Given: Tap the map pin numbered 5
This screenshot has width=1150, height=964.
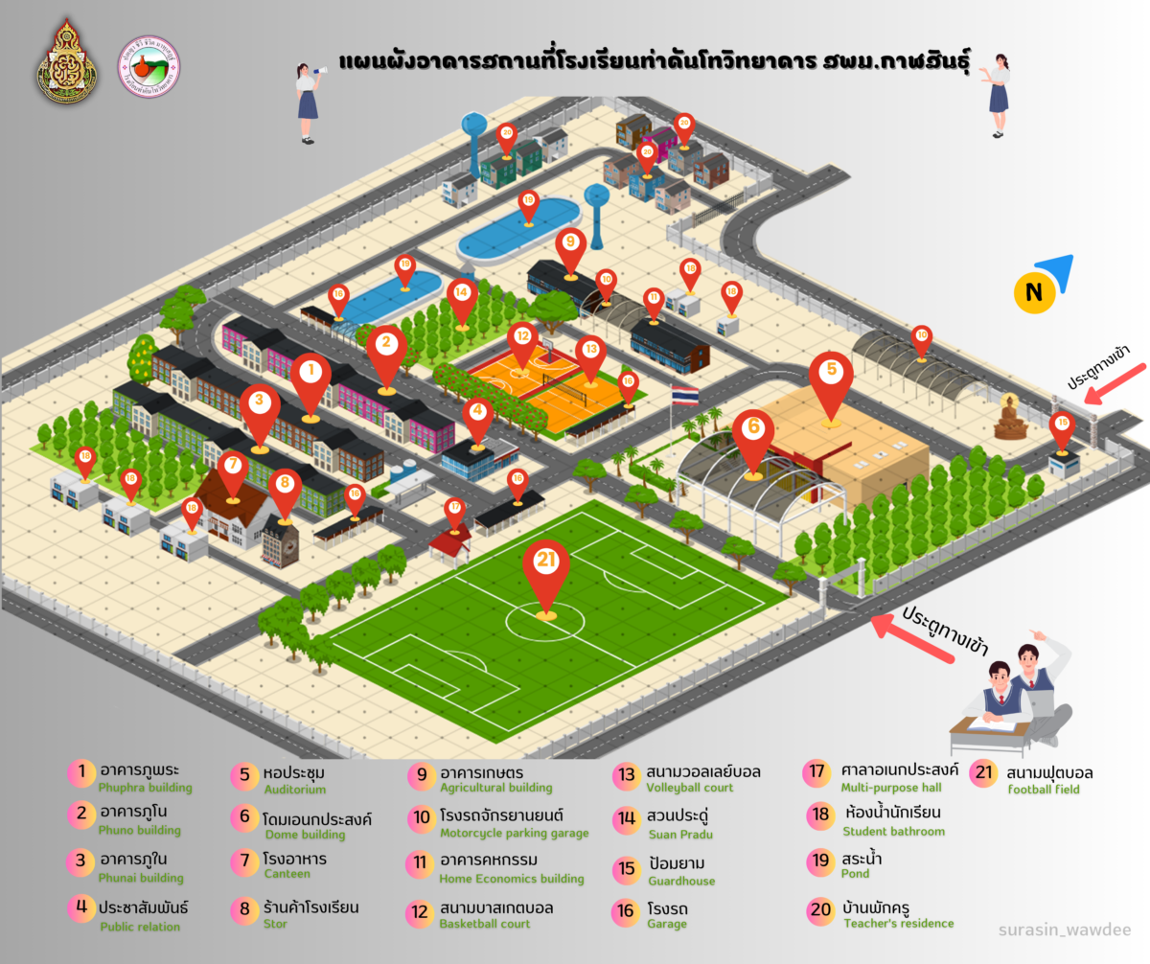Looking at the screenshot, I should (831, 373).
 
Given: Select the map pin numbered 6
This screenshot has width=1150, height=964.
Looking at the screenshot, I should (753, 431).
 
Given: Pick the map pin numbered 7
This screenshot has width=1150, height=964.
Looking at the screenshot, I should (232, 470).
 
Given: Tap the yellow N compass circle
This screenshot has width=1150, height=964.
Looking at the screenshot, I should (1034, 293).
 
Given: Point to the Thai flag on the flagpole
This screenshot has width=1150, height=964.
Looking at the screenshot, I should (684, 394).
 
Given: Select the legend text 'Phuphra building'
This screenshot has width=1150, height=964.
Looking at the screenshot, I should (145, 788).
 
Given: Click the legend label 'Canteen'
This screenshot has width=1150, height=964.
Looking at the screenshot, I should (287, 874).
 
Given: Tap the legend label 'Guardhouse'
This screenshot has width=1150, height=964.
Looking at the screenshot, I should (680, 881).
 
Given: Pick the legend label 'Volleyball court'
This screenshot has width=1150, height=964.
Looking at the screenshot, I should (689, 788).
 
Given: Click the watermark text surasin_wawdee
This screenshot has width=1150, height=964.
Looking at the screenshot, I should (1064, 930).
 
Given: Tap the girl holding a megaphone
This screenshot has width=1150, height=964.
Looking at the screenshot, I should (308, 96).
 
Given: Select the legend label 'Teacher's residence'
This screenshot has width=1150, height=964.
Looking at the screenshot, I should (898, 924).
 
